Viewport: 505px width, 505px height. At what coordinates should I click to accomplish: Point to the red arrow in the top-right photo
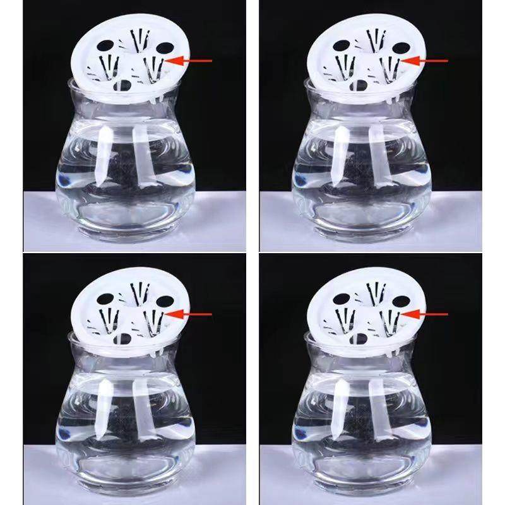[429, 61]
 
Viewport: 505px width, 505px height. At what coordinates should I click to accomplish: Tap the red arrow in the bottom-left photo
[193, 313]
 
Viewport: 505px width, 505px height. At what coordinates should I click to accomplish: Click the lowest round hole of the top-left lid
[125, 86]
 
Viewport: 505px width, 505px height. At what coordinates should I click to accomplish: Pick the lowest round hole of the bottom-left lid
[125, 339]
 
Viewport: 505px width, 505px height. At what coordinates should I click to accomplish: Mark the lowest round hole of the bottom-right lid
[361, 339]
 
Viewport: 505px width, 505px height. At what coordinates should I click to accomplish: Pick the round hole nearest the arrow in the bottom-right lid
[399, 300]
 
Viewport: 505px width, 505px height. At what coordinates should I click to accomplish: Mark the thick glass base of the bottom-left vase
[126, 483]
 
